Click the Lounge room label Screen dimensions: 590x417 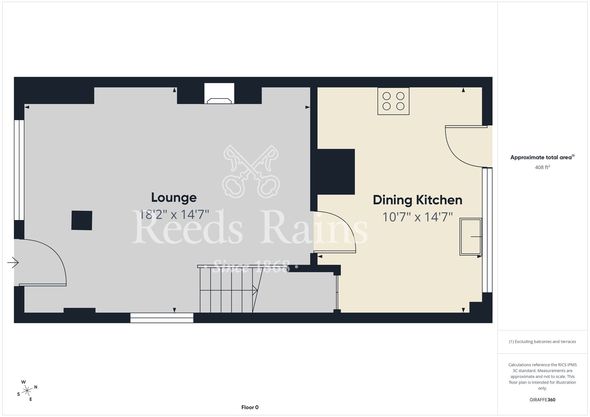(174, 198)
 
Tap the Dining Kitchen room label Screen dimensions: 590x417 (417, 200)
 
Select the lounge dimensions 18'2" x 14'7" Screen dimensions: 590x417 (174, 214)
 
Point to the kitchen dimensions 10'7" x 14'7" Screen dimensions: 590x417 (417, 217)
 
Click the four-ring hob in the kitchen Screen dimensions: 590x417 (393, 101)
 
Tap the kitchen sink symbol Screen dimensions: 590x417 (471, 237)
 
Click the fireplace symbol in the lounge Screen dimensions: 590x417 (219, 93)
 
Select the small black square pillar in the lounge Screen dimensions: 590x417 (82, 220)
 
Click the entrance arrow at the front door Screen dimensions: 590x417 (13, 262)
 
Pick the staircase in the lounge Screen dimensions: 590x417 (229, 289)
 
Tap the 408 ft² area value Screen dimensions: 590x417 (543, 167)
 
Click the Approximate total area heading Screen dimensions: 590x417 (543, 157)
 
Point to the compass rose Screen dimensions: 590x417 (27, 391)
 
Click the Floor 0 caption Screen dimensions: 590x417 (250, 407)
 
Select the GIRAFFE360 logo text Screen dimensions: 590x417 (543, 400)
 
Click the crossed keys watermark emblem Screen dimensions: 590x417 (251, 171)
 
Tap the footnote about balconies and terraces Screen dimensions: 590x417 (543, 342)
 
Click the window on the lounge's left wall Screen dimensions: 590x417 (19, 170)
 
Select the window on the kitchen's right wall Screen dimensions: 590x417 (487, 230)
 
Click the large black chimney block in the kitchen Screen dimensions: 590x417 (336, 172)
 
